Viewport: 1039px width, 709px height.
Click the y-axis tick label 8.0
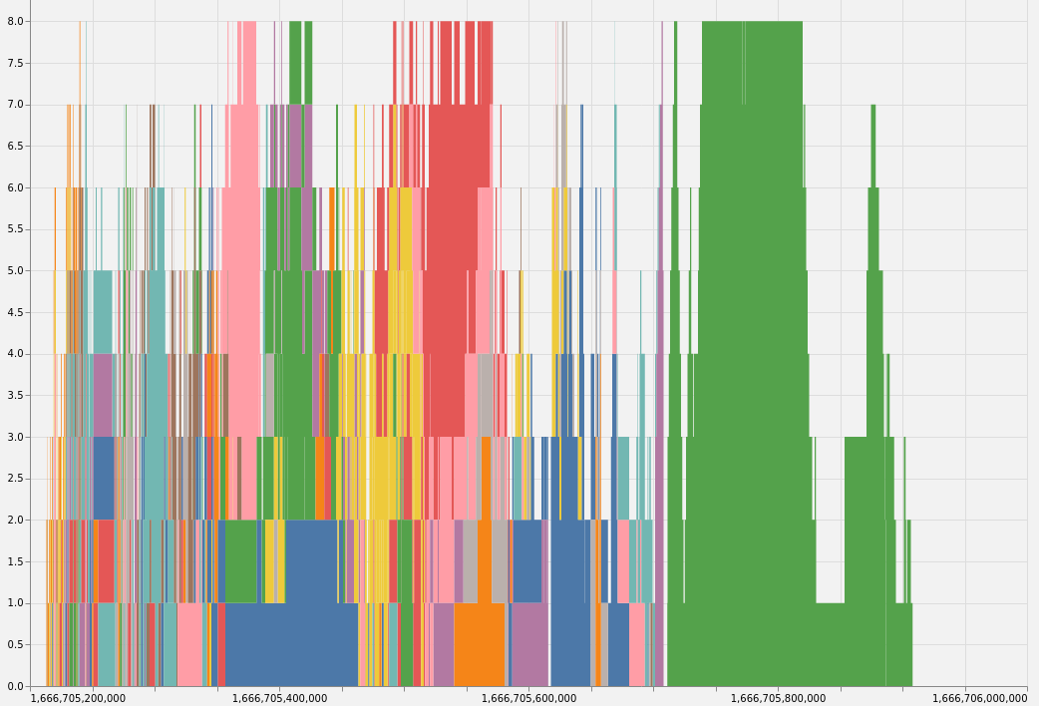(14, 21)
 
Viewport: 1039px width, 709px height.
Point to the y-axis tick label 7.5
(14, 63)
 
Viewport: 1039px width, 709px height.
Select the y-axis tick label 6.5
(14, 146)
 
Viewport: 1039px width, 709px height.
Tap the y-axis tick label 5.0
(14, 270)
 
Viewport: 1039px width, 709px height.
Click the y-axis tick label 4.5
(14, 312)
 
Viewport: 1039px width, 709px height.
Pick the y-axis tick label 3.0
(14, 437)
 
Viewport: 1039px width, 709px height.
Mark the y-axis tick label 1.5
(14, 561)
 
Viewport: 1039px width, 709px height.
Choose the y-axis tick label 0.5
(14, 644)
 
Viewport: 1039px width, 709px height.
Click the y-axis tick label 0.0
(14, 686)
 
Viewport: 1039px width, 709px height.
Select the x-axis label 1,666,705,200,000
(78, 698)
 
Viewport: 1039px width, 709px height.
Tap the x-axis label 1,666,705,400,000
(279, 698)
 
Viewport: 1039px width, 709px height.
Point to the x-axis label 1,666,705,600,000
(528, 698)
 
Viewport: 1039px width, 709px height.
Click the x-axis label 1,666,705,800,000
(778, 698)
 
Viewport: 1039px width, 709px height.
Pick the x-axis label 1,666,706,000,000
(979, 698)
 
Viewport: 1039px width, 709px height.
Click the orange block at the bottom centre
(479, 644)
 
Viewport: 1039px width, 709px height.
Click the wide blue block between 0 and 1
(291, 644)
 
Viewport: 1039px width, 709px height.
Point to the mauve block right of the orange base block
(529, 644)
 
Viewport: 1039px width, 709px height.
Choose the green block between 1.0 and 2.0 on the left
(240, 561)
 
